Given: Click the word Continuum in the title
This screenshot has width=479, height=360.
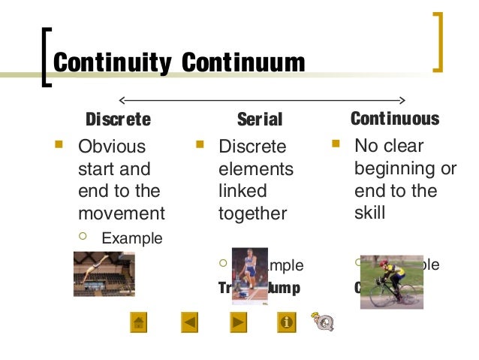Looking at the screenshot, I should tap(243, 62).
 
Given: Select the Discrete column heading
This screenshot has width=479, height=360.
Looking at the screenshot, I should tap(118, 119).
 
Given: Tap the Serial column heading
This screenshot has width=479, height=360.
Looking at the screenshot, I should tap(259, 119).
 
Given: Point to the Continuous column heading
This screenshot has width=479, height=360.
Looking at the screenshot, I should tap(394, 119).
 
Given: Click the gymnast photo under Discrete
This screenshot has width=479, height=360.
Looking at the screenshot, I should tap(104, 274).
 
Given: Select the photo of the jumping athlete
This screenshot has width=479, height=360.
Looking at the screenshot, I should tap(249, 274).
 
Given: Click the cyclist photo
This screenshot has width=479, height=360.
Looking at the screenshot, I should tap(390, 281).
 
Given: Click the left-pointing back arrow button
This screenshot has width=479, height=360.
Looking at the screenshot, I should tap(190, 322).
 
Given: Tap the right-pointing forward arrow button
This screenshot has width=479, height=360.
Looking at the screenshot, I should tap(238, 322).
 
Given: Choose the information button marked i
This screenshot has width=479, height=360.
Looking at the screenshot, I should tap(286, 322).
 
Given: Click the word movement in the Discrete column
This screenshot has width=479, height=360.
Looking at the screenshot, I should tap(121, 213).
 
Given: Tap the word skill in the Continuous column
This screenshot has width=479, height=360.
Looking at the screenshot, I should tap(369, 213).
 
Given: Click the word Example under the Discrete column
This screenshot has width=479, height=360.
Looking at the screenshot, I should tap(131, 239).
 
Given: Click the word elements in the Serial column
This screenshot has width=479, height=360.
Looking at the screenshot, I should tap(255, 168).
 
